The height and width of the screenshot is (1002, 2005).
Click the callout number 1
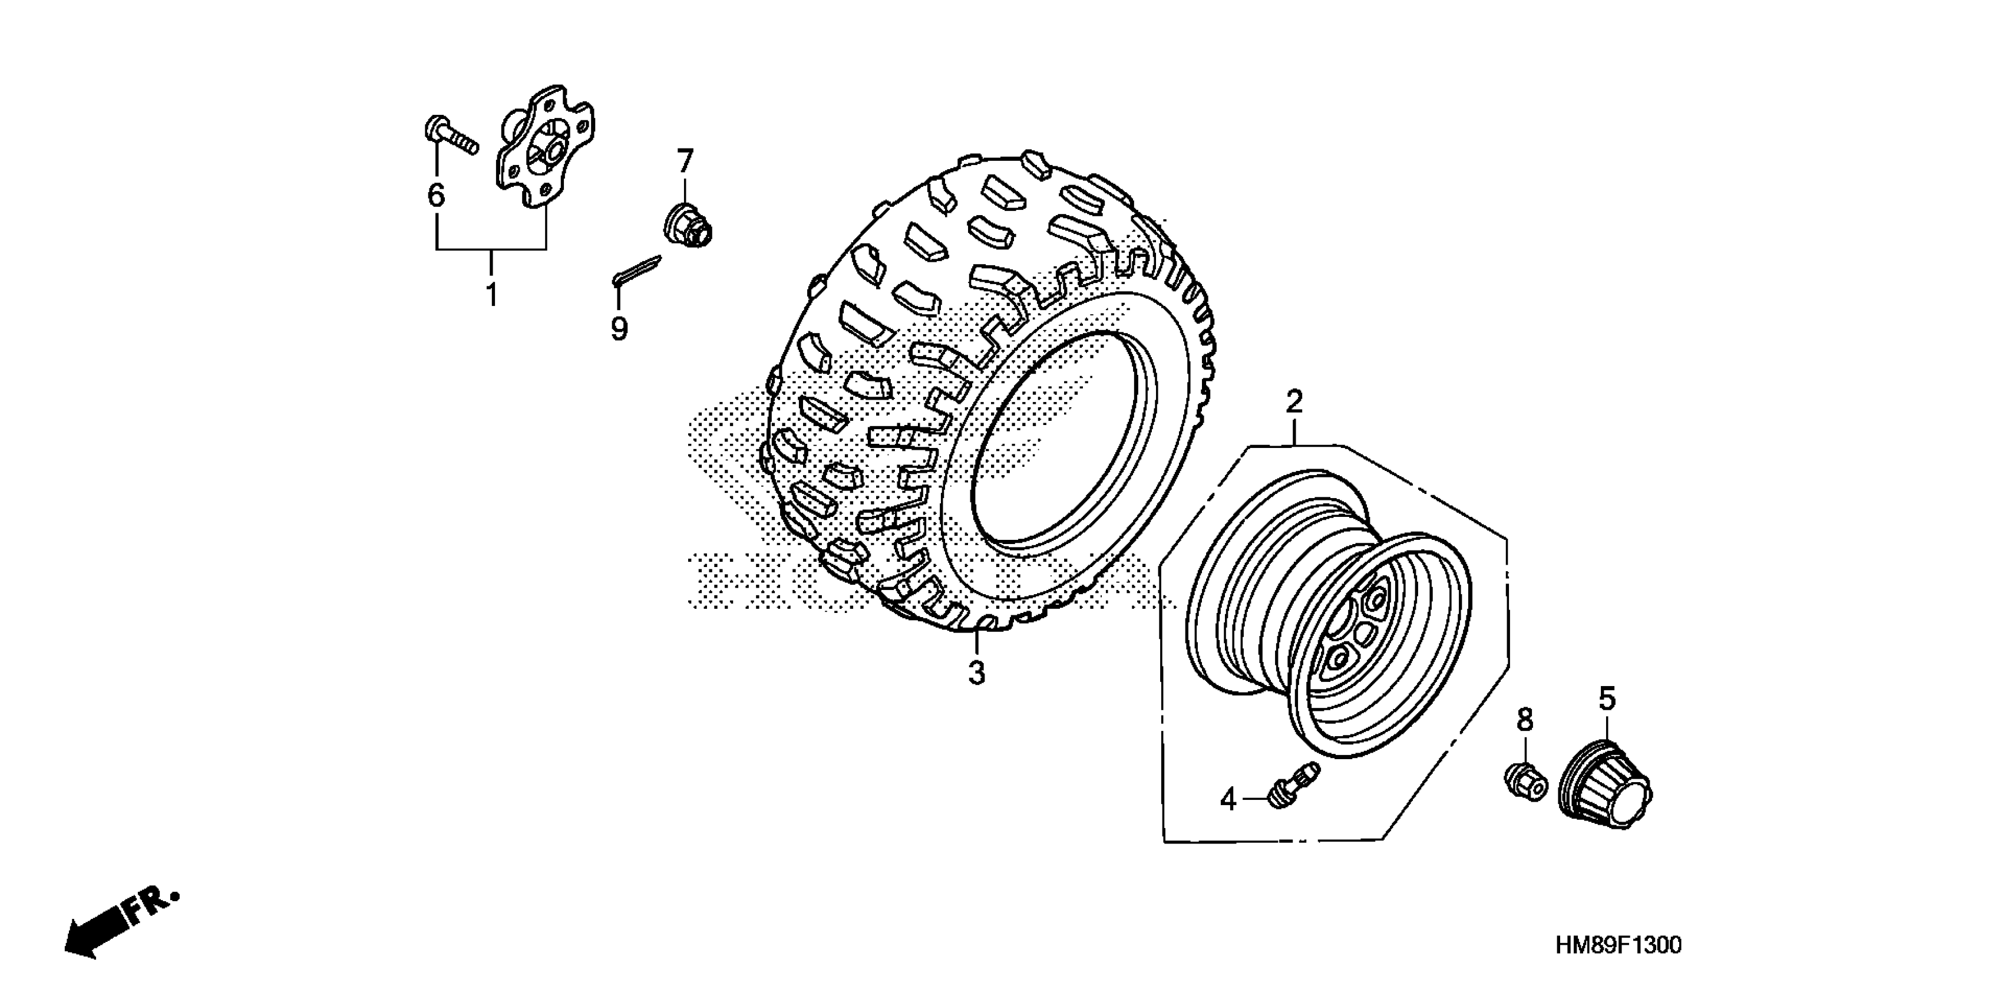click(491, 296)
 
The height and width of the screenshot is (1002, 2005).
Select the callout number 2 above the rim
click(1294, 403)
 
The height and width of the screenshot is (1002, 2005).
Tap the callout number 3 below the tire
click(977, 673)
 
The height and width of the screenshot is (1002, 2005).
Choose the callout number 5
click(1607, 699)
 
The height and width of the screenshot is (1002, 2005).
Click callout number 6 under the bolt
click(436, 195)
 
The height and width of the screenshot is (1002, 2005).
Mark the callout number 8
click(1524, 720)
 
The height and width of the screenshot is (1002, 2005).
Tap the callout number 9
click(619, 329)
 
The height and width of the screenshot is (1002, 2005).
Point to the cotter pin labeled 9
click(637, 269)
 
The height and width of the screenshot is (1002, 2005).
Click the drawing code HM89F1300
click(1617, 945)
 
